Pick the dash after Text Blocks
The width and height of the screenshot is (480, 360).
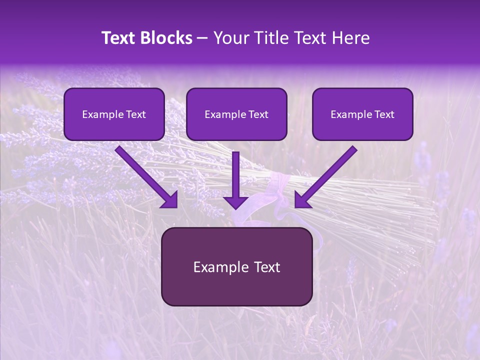(202, 38)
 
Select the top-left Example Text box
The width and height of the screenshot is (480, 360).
(114, 114)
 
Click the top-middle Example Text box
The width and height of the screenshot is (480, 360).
(236, 114)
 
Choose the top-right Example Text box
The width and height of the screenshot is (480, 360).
(362, 114)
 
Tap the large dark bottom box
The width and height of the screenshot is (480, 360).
(236, 266)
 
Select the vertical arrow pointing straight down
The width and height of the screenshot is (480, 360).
(235, 180)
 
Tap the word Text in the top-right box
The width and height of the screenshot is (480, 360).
(384, 114)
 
